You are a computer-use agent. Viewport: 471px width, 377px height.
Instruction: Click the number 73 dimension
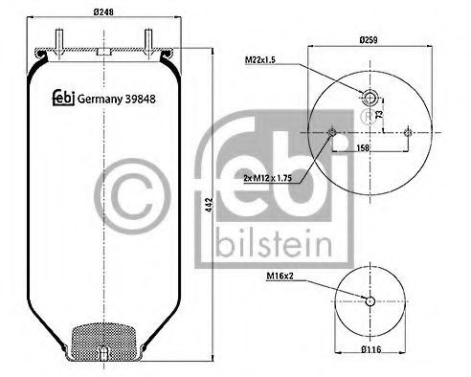coord(381,114)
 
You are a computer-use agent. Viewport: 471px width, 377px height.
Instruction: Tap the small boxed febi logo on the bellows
coord(60,98)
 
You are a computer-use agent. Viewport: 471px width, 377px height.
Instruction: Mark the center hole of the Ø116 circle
coord(370,302)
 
